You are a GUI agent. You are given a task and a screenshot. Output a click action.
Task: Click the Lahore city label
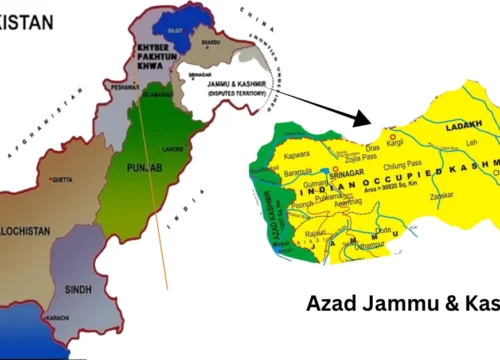tap(173, 147)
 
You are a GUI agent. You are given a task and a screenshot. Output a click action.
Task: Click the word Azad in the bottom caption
tap(331, 303)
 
